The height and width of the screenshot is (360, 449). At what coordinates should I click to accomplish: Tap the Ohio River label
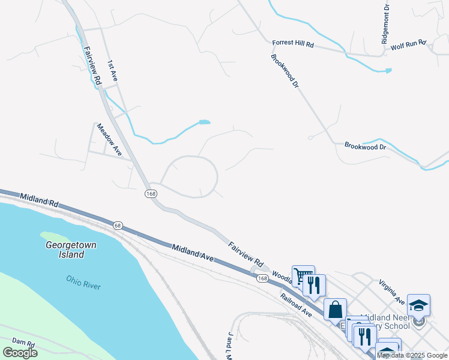[x=83, y=282]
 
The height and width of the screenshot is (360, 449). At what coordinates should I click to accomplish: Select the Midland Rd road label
[x=39, y=200]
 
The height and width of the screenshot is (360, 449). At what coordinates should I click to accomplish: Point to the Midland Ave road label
[x=193, y=252]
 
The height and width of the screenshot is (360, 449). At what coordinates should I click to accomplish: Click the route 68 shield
[x=118, y=225]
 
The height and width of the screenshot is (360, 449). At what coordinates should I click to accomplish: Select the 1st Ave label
[x=112, y=71]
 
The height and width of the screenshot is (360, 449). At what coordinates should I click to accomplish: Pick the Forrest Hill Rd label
[x=293, y=44]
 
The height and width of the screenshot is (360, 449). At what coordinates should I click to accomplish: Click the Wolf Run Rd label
[x=408, y=44]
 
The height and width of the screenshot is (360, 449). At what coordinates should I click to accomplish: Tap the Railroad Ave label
[x=296, y=305]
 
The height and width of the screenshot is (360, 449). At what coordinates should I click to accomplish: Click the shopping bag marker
[x=335, y=310]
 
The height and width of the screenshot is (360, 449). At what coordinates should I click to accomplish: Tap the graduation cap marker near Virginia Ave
[x=418, y=305]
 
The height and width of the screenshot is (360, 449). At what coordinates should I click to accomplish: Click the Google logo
[x=20, y=353]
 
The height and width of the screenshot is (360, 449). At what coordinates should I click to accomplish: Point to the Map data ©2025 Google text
[x=412, y=355]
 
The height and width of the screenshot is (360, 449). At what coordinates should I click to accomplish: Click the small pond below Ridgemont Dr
[x=388, y=71]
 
